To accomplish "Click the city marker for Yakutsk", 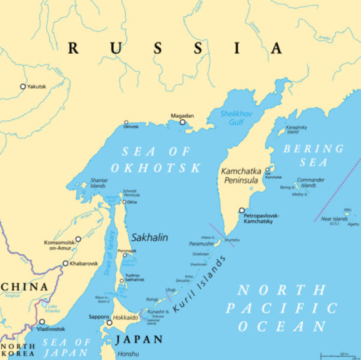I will pyautogui.click(x=23, y=86).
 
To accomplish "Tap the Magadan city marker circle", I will pyautogui.click(x=183, y=122).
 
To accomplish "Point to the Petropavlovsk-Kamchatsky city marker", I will pyautogui.click(x=242, y=211).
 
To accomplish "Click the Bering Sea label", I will pyautogui.click(x=313, y=155).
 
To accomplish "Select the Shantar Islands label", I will pyautogui.click(x=99, y=183).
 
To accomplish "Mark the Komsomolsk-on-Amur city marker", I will pyautogui.click(x=78, y=239).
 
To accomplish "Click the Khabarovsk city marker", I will pyautogui.click(x=65, y=263).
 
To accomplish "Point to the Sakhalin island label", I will pyautogui.click(x=149, y=237).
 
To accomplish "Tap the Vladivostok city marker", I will pyautogui.click(x=42, y=322).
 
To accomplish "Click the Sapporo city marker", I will pyautogui.click(x=109, y=323).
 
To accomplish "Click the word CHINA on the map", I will pyautogui.click(x=25, y=287).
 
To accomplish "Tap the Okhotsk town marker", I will pyautogui.click(x=126, y=123).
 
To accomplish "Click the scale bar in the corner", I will pyautogui.click(x=335, y=356).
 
